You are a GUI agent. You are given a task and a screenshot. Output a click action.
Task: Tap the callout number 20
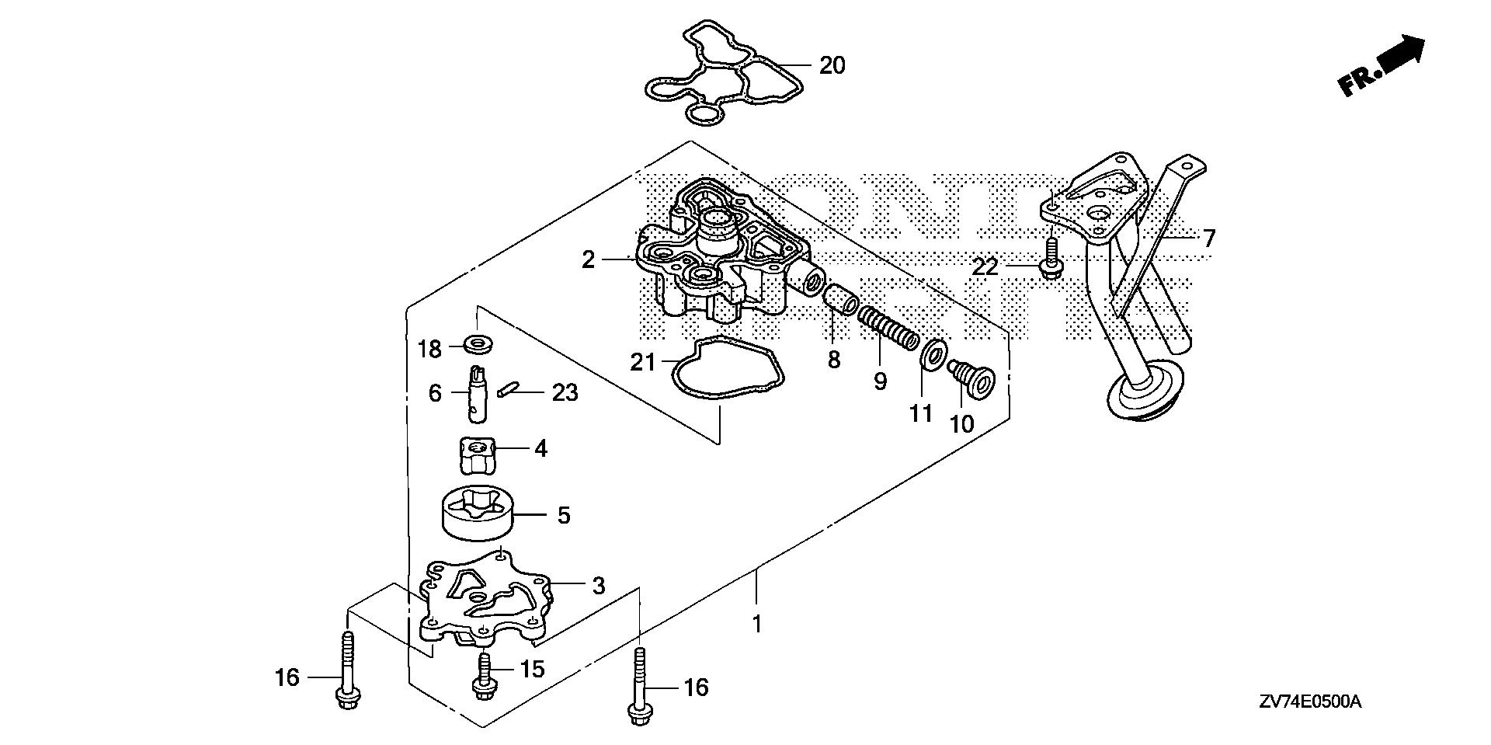pos(832,65)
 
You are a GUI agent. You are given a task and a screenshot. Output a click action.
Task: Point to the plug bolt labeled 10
pos(967,376)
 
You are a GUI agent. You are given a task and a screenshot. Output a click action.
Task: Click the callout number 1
pos(757,623)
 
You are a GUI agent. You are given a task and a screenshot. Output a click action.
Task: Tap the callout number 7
pos(1208,238)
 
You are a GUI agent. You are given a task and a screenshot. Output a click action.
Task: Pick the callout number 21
pos(642,362)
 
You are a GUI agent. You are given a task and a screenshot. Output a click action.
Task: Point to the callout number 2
pos(588,259)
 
